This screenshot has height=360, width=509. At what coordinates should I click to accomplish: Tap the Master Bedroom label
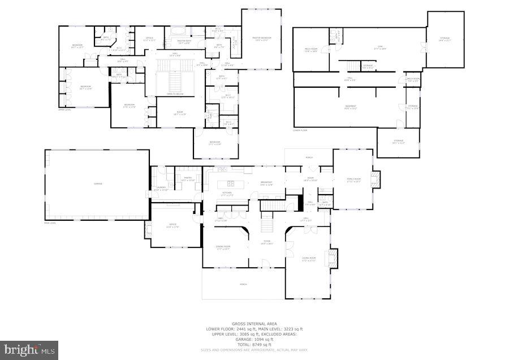(262, 38)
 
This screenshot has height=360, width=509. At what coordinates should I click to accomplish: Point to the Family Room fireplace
(375, 180)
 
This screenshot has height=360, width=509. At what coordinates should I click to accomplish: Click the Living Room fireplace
(333, 258)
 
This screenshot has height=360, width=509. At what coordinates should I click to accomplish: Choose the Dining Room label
(224, 247)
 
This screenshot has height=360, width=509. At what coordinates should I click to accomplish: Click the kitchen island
(231, 183)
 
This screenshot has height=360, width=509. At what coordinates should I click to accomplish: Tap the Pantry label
(187, 179)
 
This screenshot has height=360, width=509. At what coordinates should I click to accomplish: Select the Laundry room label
(161, 189)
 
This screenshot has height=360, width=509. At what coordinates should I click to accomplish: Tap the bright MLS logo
(29, 350)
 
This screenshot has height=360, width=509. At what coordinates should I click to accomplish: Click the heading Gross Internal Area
(255, 324)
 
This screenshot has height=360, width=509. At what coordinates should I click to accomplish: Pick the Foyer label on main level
(266, 242)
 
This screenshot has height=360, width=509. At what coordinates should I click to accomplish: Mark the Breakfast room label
(266, 183)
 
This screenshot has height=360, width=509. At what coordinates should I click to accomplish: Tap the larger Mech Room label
(310, 50)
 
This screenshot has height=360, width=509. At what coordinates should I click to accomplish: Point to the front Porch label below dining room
(243, 284)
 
